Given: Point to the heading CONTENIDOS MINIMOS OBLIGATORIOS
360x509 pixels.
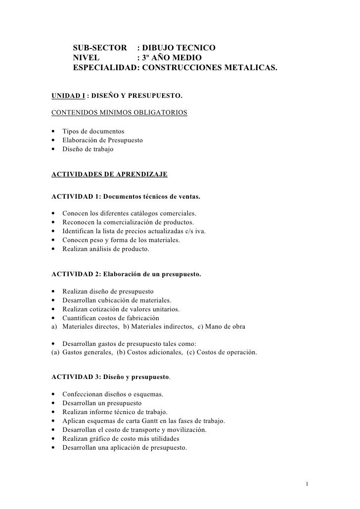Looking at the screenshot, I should [119, 113].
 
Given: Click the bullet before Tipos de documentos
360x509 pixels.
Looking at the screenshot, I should [53, 131].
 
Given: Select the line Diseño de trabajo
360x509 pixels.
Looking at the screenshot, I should [88, 149].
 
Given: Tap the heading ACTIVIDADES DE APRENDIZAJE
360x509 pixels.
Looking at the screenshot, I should [109, 174].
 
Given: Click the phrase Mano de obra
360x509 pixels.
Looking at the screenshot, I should [224, 327].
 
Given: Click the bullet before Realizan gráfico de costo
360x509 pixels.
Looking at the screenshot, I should [53, 439].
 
